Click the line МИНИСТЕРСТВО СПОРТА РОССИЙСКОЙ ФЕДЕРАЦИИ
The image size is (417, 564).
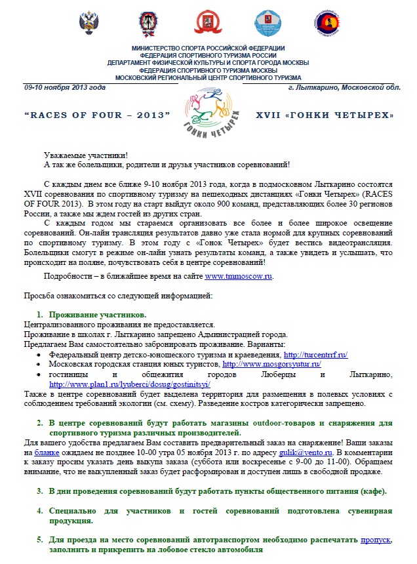coord(208,49)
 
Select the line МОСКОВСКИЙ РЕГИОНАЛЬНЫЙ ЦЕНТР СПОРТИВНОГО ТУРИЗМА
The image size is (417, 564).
coord(208,77)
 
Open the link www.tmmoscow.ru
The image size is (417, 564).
coord(239,276)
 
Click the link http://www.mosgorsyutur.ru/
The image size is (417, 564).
coord(272,364)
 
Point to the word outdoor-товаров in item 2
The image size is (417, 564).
coord(260,423)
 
